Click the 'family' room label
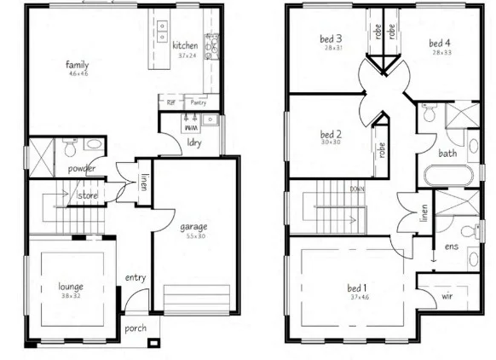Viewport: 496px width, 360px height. tap(78, 63)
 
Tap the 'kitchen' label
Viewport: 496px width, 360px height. tap(185, 44)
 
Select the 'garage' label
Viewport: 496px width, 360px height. tap(194, 226)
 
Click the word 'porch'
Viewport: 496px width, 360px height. tap(136, 327)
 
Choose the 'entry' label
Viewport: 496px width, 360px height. tap(136, 277)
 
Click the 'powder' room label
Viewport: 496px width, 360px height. tap(82, 168)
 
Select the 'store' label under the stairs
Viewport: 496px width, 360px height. tap(88, 195)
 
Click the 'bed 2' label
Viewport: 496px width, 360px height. tap(331, 134)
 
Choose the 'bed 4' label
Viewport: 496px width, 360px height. tap(439, 43)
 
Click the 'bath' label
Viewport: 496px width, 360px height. tap(447, 154)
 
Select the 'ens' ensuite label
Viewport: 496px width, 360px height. tap(451, 247)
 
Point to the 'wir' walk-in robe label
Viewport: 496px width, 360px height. tap(447, 297)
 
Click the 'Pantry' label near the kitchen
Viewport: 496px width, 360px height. tap(198, 102)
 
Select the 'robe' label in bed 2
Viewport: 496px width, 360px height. tap(378, 151)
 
